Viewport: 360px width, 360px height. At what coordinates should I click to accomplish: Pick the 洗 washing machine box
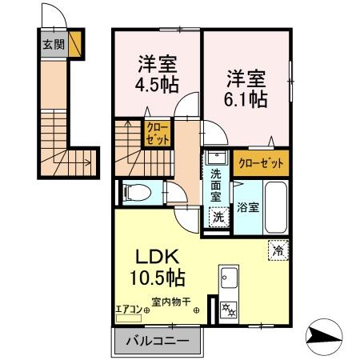(217, 214)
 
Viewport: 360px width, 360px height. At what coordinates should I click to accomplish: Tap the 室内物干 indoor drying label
(171, 302)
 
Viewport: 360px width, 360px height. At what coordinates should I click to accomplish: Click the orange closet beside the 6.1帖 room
(262, 162)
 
